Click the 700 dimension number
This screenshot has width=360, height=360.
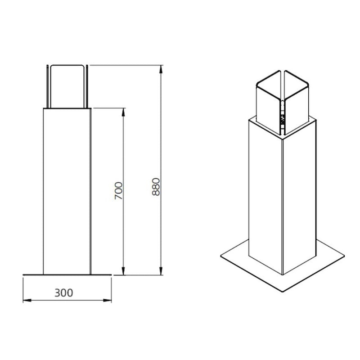118,191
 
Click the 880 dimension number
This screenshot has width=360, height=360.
156,186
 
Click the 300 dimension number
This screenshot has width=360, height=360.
63,292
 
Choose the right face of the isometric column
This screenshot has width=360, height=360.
299,198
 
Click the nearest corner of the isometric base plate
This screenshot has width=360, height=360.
284,291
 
